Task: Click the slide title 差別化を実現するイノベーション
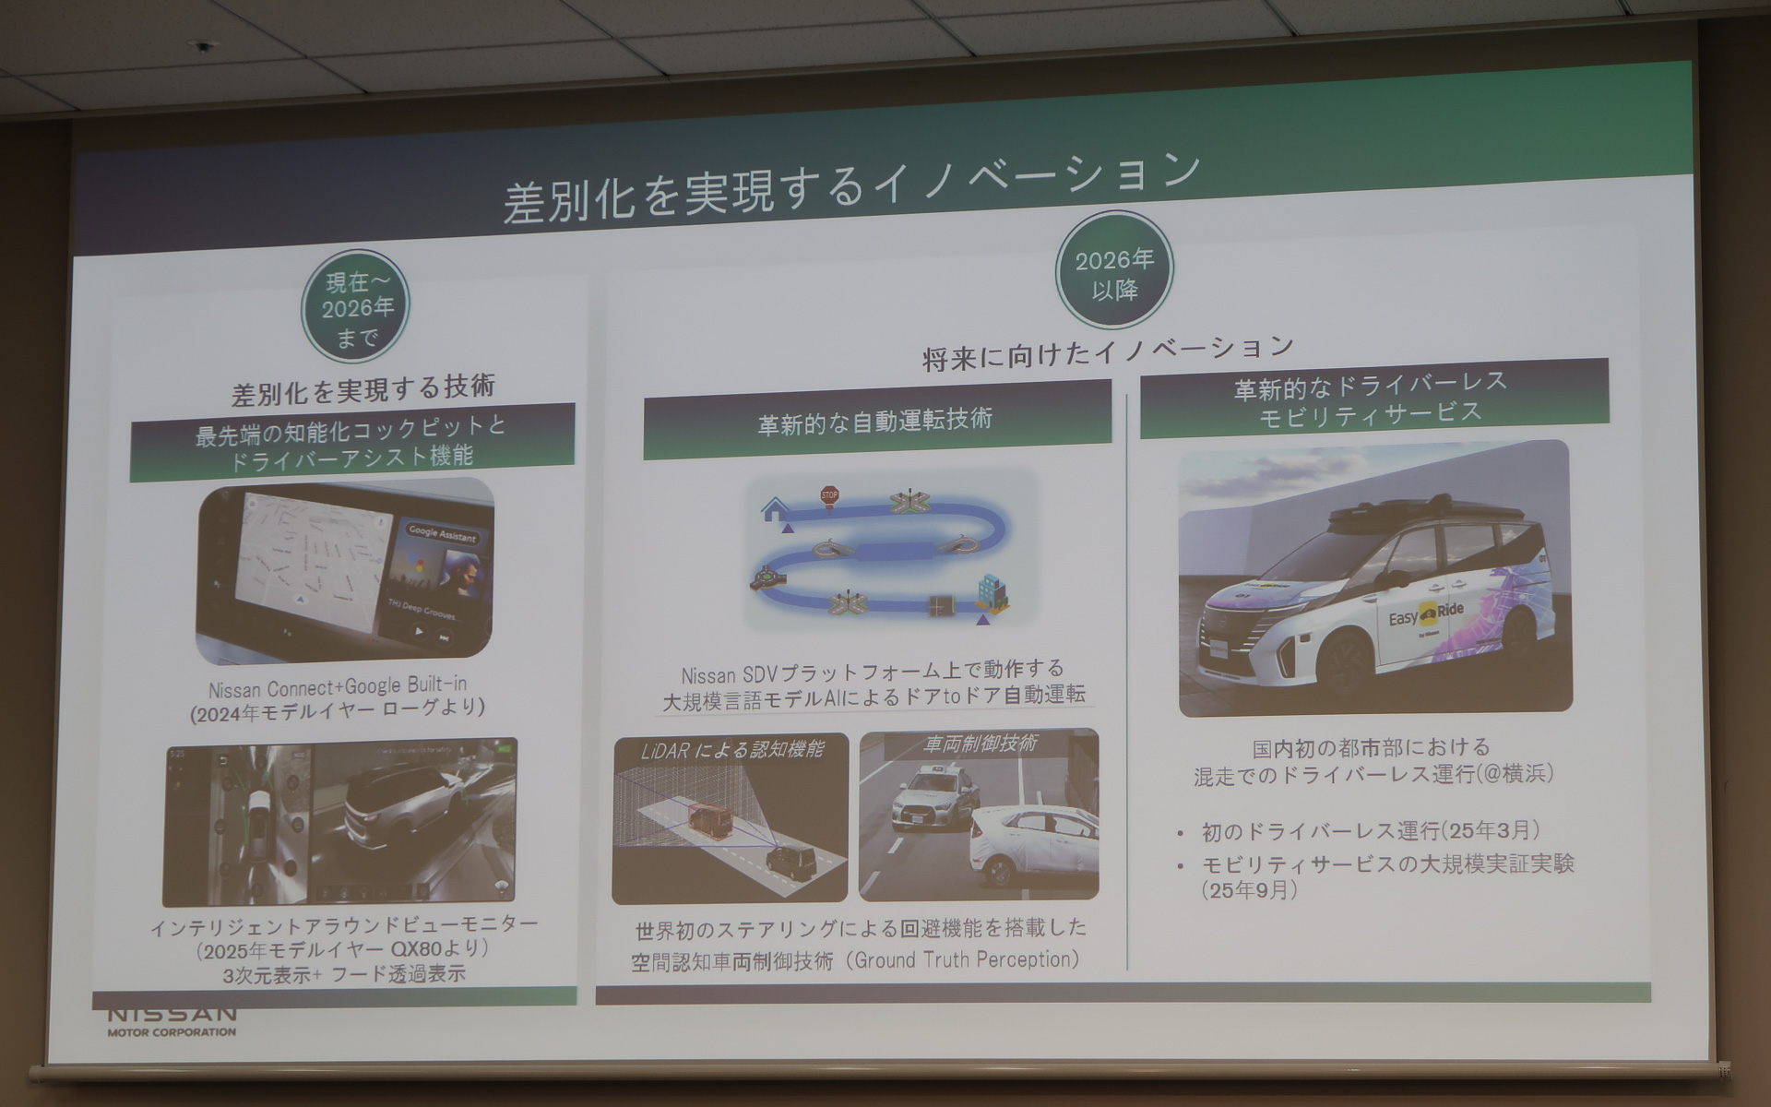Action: (850, 186)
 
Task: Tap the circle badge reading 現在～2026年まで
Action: (355, 307)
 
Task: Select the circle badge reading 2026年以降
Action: (1113, 273)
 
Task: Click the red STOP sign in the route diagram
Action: (829, 496)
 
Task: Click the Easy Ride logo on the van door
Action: (1426, 613)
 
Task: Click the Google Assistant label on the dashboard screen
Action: (442, 535)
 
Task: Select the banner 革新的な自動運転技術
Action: (875, 422)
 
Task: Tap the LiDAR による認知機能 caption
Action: (731, 750)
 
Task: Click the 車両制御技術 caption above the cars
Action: (980, 744)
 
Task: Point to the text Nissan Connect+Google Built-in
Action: (338, 686)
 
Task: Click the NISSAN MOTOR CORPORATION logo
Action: (172, 1022)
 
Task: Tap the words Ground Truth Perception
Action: (966, 960)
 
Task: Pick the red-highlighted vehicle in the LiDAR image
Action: (710, 820)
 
